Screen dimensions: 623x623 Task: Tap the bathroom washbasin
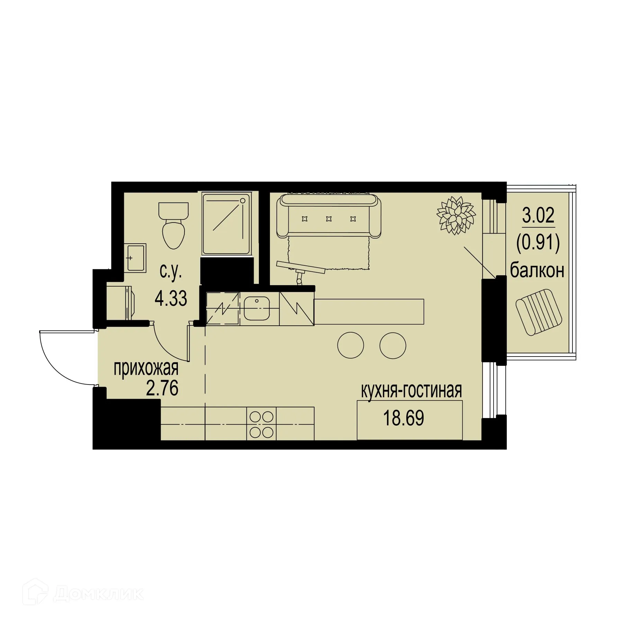click(x=135, y=258)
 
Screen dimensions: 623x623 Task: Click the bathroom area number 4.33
click(x=171, y=298)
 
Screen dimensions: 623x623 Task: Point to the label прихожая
click(x=146, y=368)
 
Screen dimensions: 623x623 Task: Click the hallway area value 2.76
click(x=162, y=388)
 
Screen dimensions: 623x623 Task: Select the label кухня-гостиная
click(x=411, y=391)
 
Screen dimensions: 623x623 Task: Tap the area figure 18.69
click(x=403, y=418)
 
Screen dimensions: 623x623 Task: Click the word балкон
click(x=537, y=271)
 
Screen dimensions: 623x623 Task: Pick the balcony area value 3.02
click(x=538, y=215)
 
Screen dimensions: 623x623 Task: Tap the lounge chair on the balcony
click(x=539, y=312)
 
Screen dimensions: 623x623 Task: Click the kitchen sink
click(x=257, y=308)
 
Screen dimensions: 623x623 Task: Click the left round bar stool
click(x=351, y=345)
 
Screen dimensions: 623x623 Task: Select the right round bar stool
click(x=393, y=345)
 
